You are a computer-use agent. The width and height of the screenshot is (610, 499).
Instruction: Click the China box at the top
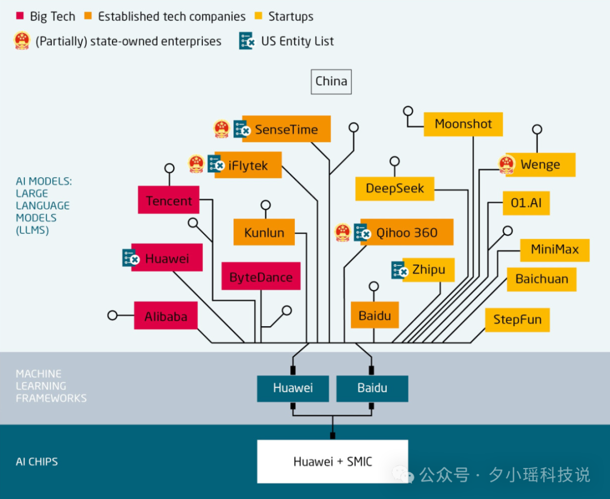(x=331, y=81)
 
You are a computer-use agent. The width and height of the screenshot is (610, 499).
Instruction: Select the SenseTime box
(x=286, y=129)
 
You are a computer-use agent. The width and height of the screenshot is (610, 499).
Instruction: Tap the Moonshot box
(x=463, y=124)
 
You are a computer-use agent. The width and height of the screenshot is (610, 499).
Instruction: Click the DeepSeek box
(x=394, y=189)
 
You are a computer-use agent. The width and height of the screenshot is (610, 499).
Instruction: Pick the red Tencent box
(x=169, y=200)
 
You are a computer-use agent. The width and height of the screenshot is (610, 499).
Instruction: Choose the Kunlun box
(x=264, y=233)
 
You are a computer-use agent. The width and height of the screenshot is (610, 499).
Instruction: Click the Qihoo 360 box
(x=407, y=233)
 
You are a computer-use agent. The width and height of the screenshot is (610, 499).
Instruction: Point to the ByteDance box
(x=260, y=277)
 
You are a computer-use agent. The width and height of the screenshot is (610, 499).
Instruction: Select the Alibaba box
(x=165, y=316)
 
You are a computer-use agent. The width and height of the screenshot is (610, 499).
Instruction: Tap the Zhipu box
(x=429, y=269)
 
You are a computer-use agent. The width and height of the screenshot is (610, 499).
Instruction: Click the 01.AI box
(x=526, y=203)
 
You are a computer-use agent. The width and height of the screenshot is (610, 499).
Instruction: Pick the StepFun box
(x=517, y=319)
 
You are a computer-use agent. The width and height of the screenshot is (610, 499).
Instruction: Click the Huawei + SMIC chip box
(x=332, y=461)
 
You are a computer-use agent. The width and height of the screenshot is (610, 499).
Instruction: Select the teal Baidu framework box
(x=372, y=388)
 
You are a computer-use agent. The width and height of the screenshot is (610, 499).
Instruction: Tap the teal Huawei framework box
(x=293, y=388)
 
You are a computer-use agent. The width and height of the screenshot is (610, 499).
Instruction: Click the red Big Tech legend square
(x=20, y=15)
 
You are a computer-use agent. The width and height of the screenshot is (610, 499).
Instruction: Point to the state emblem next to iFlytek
(x=196, y=164)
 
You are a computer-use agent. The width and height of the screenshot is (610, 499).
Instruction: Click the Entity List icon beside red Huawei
(x=131, y=257)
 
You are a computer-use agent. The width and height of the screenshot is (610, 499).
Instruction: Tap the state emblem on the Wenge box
(x=507, y=164)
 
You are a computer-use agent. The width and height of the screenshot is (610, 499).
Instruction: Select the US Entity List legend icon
(x=247, y=41)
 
